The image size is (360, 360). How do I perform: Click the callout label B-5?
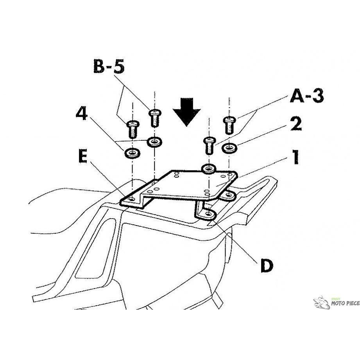(109, 66)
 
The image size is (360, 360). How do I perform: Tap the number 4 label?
(82, 114)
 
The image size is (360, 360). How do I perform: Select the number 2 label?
(296, 124)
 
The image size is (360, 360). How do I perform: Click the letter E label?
(83, 156)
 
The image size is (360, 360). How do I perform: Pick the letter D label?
(267, 266)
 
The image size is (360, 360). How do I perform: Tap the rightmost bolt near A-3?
(229, 125)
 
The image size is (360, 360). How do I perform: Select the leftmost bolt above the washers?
(133, 129)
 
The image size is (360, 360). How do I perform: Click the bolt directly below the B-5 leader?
(155, 118)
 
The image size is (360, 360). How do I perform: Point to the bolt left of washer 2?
(210, 145)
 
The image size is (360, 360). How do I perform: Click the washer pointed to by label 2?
(229, 148)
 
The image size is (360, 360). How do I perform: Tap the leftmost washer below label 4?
(132, 153)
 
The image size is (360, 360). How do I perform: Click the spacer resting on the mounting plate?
(208, 169)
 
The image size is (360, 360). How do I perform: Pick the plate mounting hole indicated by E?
(132, 199)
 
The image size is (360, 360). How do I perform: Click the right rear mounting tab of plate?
(228, 195)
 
